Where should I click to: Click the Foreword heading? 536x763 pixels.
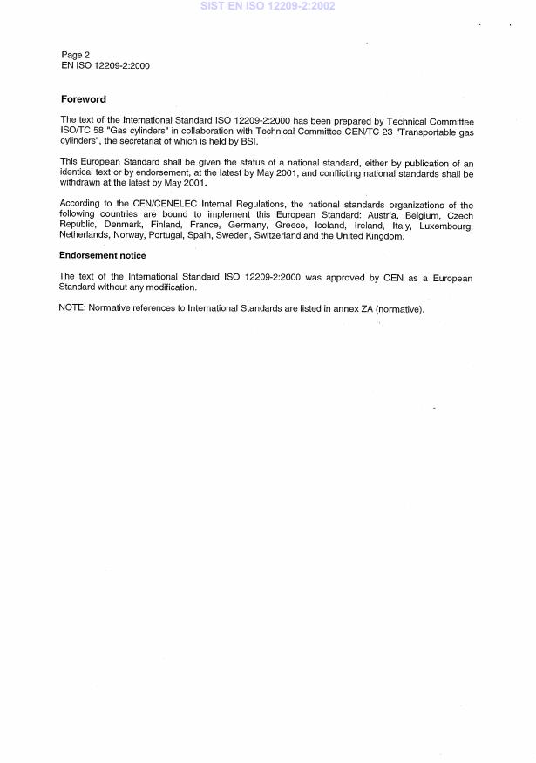click(83, 99)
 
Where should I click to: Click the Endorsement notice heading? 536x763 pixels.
click(102, 255)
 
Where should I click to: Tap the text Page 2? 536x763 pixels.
click(75, 55)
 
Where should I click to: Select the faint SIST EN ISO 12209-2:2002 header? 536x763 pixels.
click(268, 6)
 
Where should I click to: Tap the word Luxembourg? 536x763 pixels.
click(446, 226)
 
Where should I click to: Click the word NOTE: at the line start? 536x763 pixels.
click(72, 308)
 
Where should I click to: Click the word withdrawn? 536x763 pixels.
click(81, 183)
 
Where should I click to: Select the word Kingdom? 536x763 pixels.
click(383, 236)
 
